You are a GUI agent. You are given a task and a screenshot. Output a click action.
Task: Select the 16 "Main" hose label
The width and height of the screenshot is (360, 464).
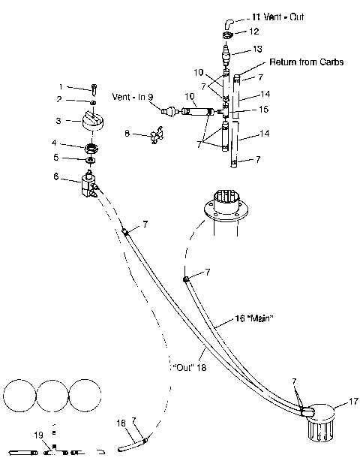[235, 318]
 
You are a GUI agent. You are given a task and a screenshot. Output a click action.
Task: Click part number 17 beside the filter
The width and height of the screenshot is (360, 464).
[352, 402]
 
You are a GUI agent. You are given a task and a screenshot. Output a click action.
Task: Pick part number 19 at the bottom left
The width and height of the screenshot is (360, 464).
[37, 435]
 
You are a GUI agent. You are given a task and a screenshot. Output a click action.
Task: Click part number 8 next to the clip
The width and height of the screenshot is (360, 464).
[127, 133]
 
